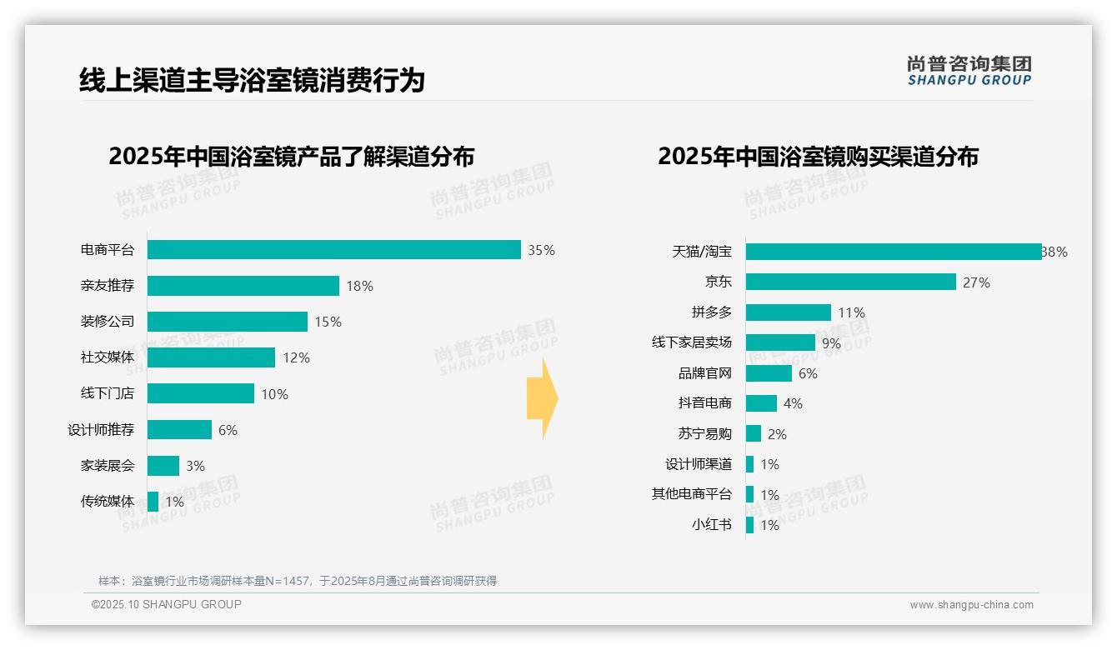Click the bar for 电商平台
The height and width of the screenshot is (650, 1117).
(x=333, y=250)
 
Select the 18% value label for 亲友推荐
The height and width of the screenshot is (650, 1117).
(x=360, y=287)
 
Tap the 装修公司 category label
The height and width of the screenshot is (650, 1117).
(x=108, y=322)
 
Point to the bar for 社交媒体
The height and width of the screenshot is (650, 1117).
(x=211, y=357)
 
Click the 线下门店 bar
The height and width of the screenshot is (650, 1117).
(x=201, y=393)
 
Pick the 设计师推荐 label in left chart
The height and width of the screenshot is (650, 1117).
(x=101, y=430)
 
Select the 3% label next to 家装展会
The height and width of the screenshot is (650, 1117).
(x=195, y=466)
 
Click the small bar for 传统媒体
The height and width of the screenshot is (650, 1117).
(x=153, y=502)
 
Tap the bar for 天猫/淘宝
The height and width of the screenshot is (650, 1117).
(x=893, y=252)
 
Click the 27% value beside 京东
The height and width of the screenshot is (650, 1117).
(x=976, y=282)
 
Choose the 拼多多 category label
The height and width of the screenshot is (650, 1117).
(x=712, y=312)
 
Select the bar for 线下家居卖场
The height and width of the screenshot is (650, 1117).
(x=780, y=342)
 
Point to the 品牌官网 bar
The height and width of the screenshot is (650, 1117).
(x=769, y=373)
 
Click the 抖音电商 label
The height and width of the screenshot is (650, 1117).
(x=705, y=403)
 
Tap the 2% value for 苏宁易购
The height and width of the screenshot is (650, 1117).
(x=777, y=434)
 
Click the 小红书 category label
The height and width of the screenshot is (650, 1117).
(x=712, y=525)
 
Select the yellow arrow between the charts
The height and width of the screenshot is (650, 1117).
(x=543, y=399)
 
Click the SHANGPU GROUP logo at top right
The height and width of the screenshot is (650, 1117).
(x=969, y=71)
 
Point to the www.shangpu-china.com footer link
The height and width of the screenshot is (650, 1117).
(x=971, y=605)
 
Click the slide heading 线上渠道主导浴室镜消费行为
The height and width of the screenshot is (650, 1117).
(x=252, y=81)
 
